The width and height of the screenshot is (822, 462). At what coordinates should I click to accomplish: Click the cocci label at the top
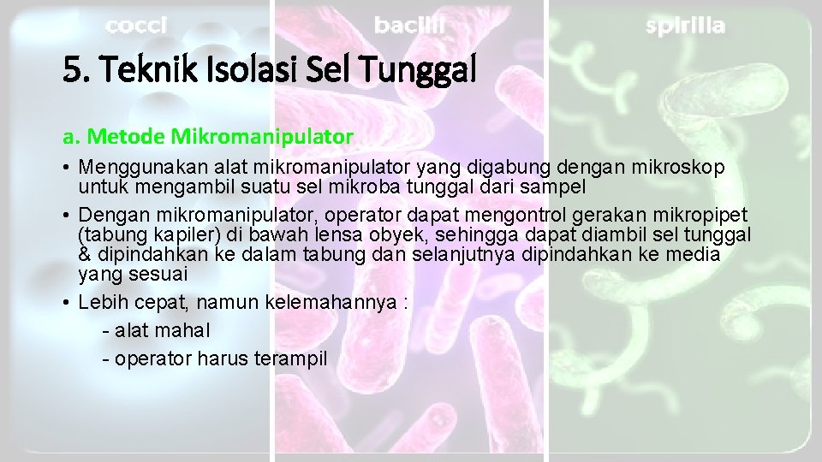coord(136,27)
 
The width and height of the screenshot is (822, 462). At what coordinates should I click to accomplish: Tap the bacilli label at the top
coord(409,27)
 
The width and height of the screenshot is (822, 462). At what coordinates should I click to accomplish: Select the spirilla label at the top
coord(685,27)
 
